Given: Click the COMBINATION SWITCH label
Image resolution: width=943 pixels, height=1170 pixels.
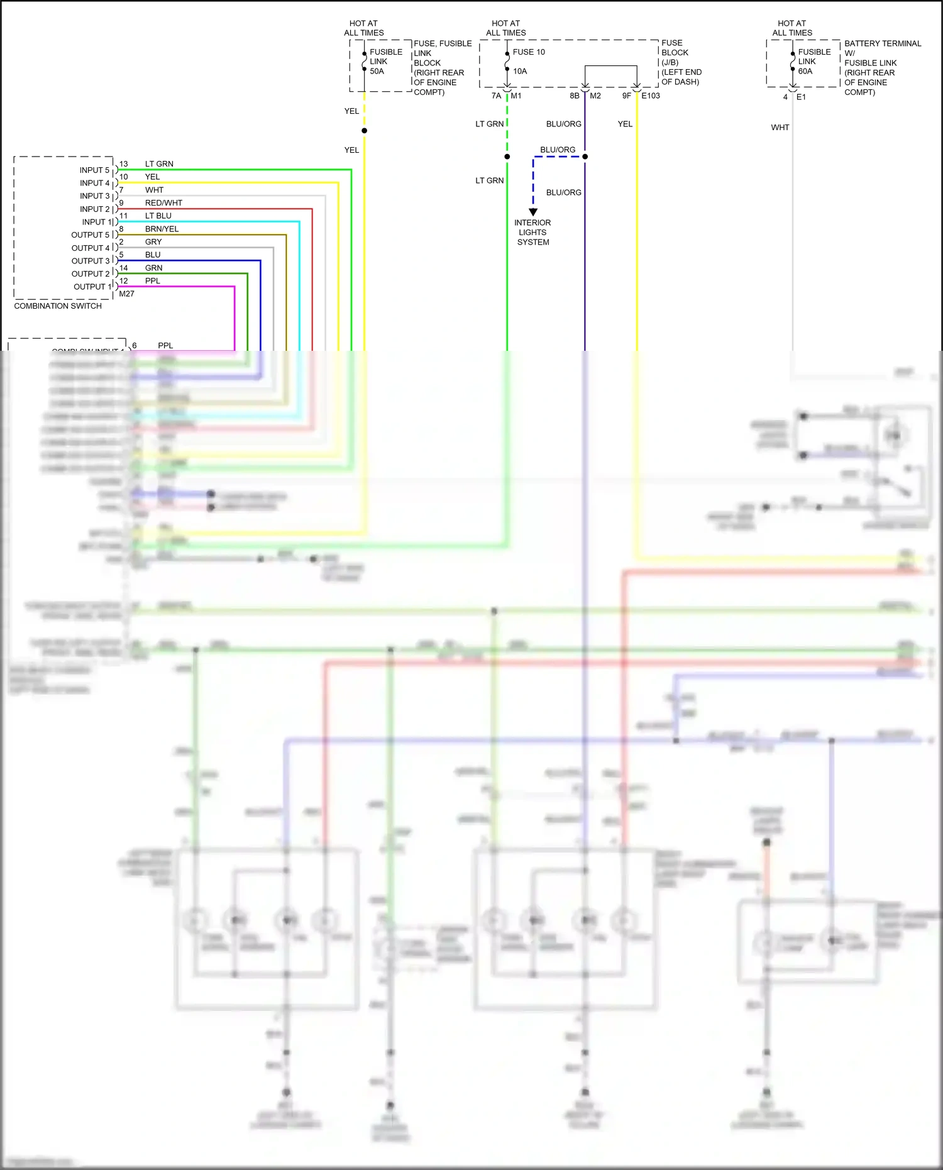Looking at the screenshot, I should click(x=58, y=306).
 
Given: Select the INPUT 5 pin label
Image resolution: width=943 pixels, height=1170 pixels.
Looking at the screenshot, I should click(x=94, y=170).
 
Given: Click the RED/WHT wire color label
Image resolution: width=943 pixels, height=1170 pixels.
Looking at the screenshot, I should click(x=163, y=203).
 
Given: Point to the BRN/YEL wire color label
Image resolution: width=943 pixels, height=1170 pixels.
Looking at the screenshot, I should click(x=162, y=229).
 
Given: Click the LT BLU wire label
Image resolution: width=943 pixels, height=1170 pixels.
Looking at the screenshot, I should click(x=158, y=216).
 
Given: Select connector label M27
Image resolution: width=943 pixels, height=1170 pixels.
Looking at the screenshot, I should click(x=126, y=294).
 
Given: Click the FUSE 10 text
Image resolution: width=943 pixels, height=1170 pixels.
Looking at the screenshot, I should click(x=529, y=52).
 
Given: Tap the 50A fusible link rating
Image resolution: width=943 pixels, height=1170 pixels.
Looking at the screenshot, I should click(x=377, y=71).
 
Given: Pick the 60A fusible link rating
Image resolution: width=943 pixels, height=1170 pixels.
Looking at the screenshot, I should click(x=805, y=71).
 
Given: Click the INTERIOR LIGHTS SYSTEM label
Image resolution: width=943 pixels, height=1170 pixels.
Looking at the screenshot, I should click(x=532, y=232).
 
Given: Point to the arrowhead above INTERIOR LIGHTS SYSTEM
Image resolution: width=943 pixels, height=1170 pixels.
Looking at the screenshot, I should click(x=533, y=212).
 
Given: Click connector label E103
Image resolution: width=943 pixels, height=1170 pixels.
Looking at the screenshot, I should click(x=651, y=96).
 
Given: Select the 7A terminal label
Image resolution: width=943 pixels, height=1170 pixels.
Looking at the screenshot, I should click(x=496, y=96).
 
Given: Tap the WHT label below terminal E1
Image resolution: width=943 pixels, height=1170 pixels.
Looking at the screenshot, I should click(x=780, y=128).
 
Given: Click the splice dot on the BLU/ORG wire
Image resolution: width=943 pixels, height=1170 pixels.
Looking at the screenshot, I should click(x=585, y=157).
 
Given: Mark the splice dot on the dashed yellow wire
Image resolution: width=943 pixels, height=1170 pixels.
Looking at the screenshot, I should click(x=365, y=131).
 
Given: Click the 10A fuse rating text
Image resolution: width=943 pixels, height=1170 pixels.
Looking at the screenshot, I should click(x=520, y=71).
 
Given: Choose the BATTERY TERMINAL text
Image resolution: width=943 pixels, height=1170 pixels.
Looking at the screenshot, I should click(x=882, y=43).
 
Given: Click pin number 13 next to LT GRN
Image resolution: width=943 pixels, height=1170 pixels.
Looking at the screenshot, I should click(x=123, y=164).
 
